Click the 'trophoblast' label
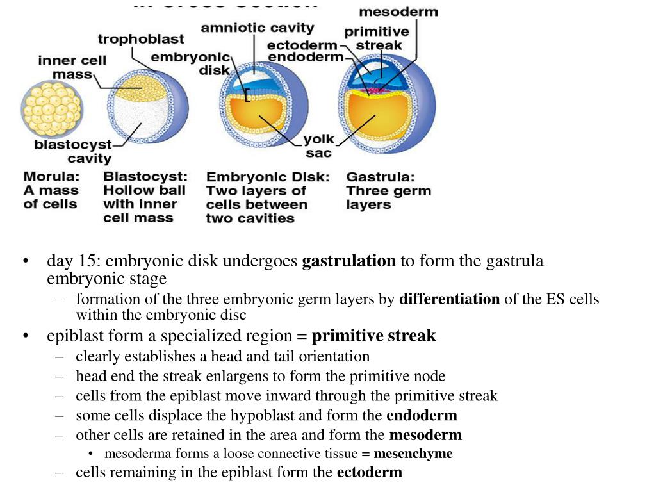(x=140, y=40)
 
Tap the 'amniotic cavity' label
(x=258, y=28)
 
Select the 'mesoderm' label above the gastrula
(x=398, y=12)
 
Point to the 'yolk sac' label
(x=318, y=145)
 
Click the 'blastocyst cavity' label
(x=72, y=151)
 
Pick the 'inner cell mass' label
(x=72, y=67)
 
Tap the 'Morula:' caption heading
(x=52, y=176)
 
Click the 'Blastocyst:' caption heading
(x=145, y=176)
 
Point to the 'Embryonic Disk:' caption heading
(x=268, y=177)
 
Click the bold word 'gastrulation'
(x=348, y=261)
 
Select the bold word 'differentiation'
(x=449, y=299)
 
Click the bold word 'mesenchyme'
(x=413, y=454)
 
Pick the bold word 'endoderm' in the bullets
(x=422, y=416)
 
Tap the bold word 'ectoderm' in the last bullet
(x=369, y=473)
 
